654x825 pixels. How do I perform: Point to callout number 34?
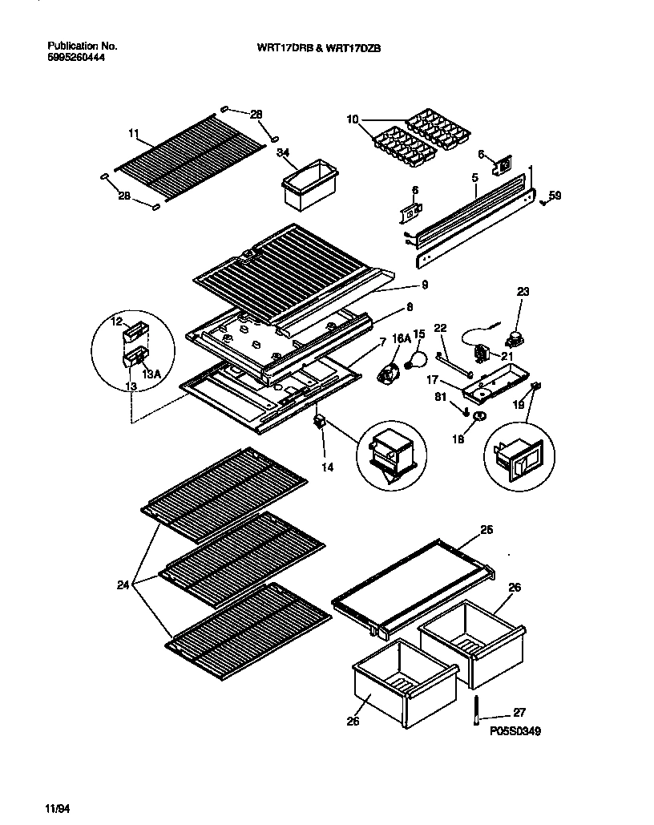[x=283, y=152]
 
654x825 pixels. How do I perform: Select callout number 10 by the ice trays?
[x=353, y=120]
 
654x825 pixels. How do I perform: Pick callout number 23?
[x=523, y=293]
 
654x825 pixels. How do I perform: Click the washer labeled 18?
[x=479, y=416]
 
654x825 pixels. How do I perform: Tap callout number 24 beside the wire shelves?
[x=123, y=584]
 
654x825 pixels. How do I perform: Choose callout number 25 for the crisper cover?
[x=486, y=530]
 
